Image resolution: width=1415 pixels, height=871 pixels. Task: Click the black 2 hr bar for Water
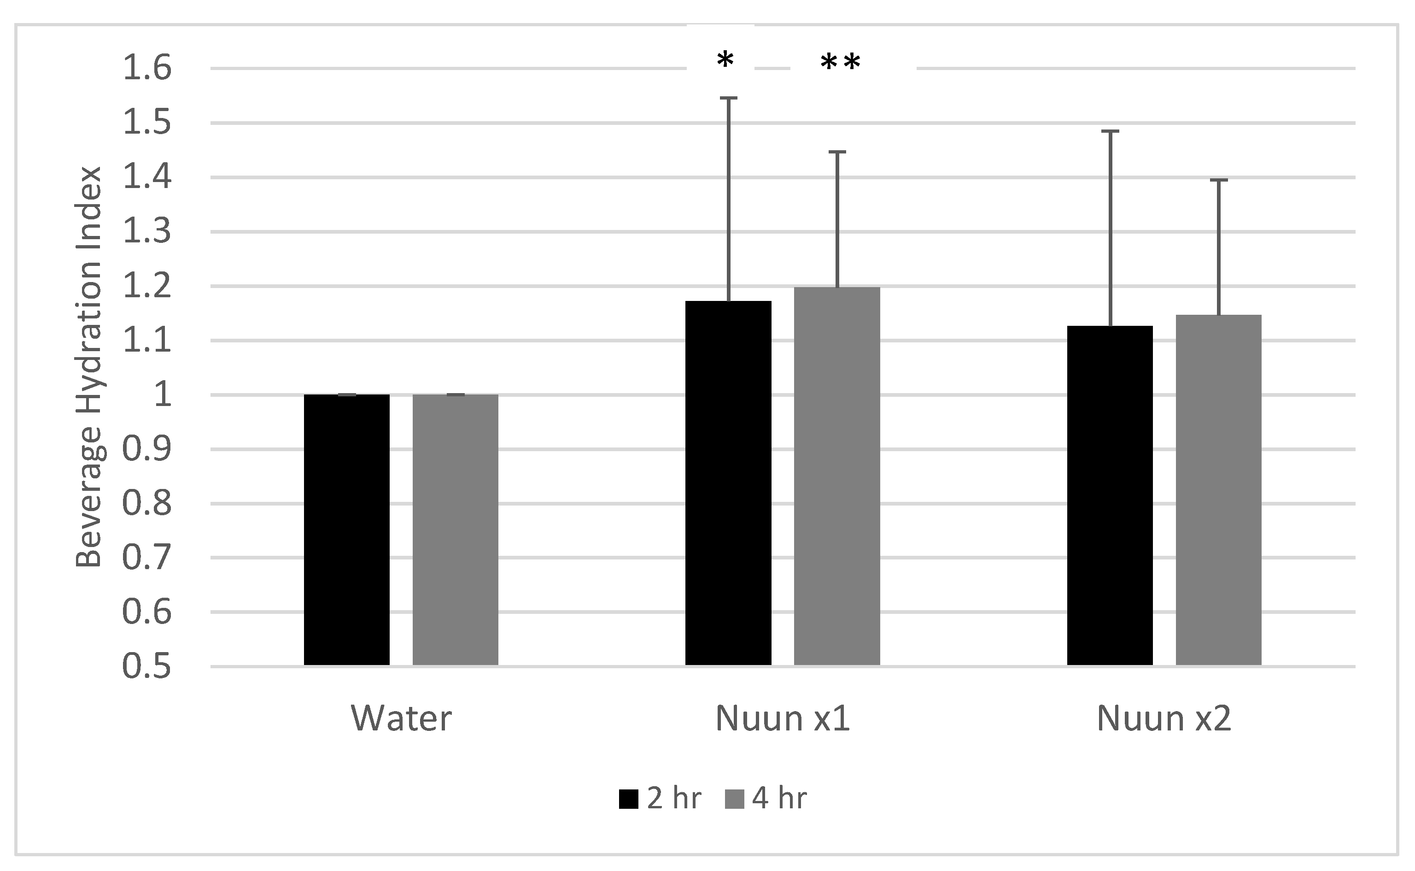(x=346, y=530)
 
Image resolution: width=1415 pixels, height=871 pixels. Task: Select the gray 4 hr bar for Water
(x=456, y=530)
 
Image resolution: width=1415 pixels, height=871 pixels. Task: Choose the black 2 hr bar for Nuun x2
(x=1110, y=495)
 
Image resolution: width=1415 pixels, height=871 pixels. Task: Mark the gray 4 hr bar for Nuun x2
(x=1219, y=489)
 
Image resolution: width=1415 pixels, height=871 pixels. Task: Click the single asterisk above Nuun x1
(x=725, y=59)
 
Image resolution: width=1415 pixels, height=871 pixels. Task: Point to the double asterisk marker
(x=841, y=62)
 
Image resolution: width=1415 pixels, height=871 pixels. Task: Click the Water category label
(x=401, y=718)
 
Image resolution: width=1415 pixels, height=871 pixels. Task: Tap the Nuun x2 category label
(x=1164, y=718)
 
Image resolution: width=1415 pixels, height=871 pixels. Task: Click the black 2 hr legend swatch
(x=628, y=799)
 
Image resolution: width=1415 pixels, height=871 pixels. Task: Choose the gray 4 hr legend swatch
(x=734, y=799)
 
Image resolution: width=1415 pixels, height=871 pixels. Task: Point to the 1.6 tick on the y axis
(x=147, y=68)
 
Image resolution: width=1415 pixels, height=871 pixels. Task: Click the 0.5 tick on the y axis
(x=147, y=666)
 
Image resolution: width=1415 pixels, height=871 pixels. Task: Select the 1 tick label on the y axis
(x=163, y=395)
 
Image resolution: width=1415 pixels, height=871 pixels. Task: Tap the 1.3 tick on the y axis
(x=147, y=231)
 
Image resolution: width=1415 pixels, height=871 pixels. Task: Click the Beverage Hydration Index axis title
(x=89, y=367)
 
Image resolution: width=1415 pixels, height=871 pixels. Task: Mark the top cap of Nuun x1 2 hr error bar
(x=728, y=99)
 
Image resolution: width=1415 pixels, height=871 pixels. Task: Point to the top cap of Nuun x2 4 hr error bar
(x=1219, y=180)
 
